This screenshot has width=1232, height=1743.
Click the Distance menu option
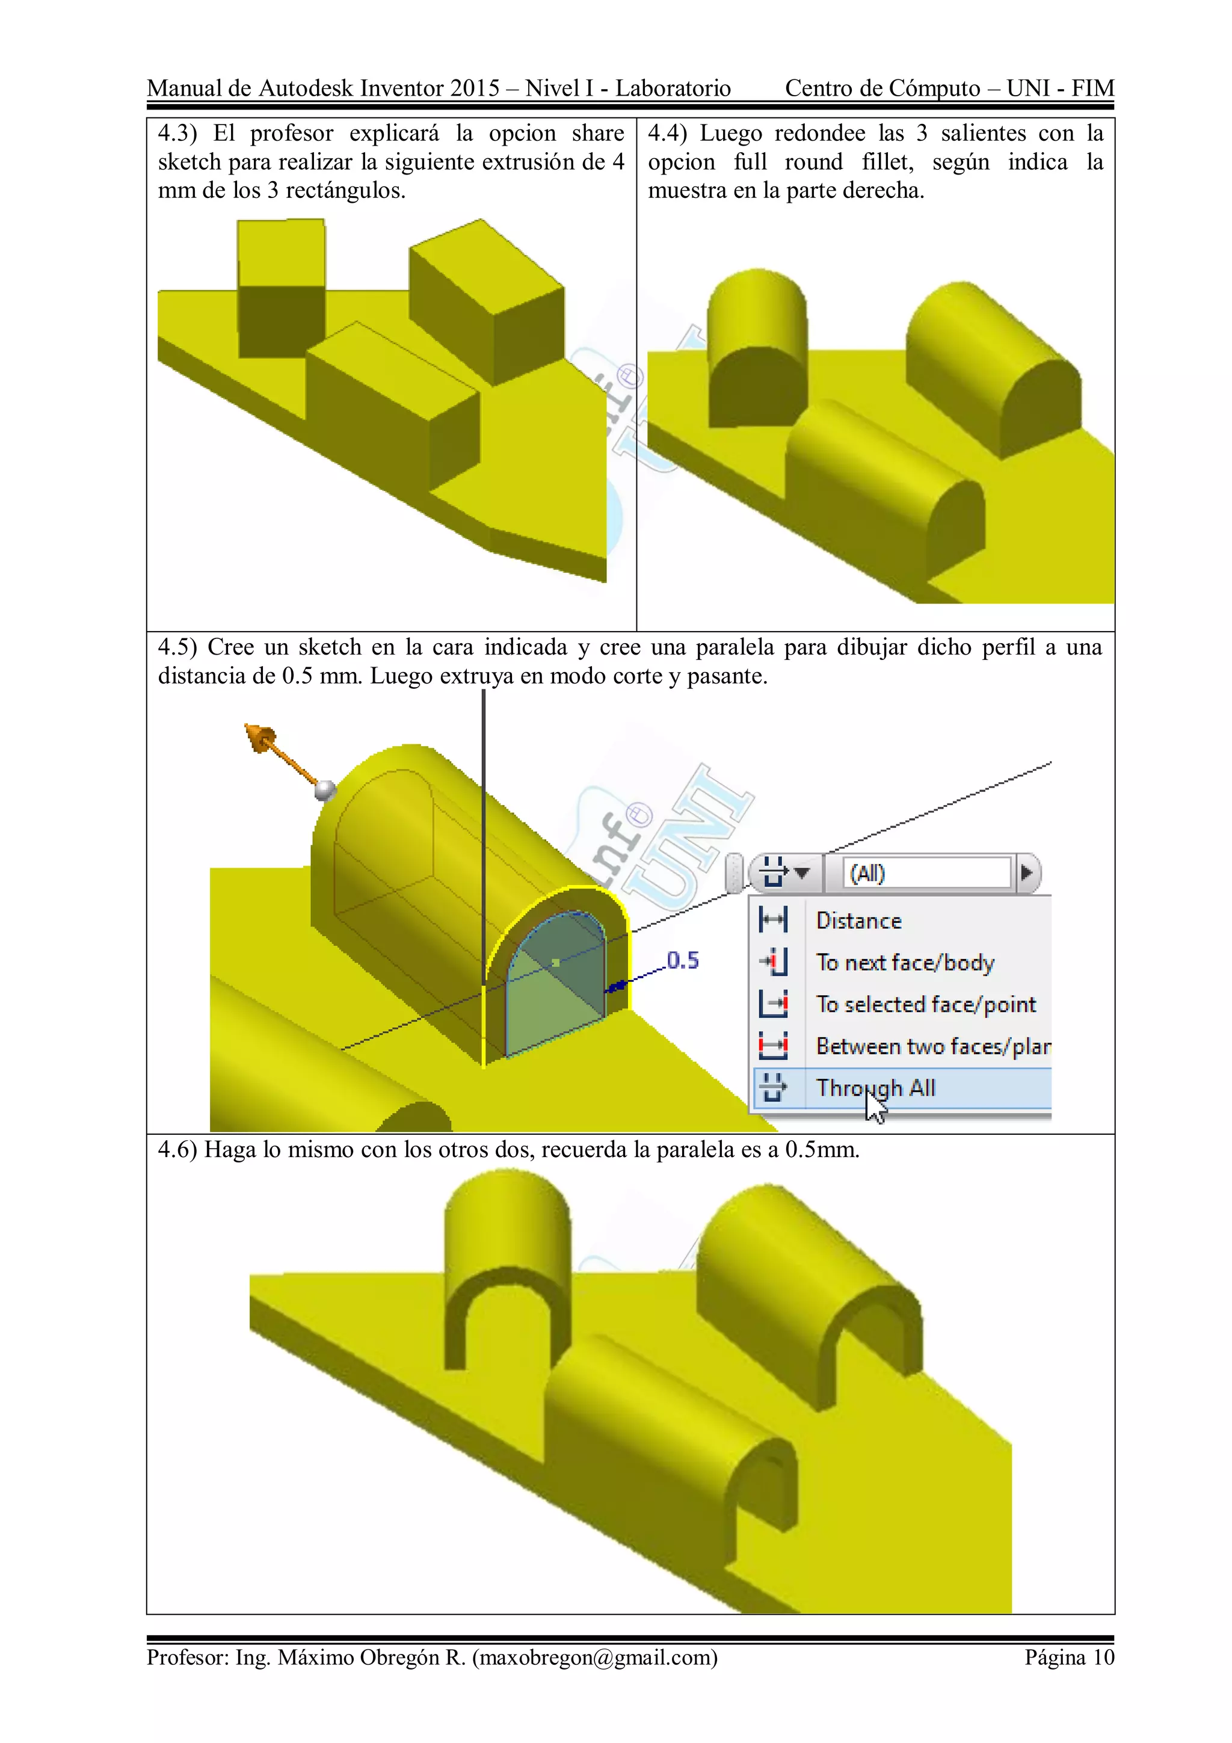click(858, 921)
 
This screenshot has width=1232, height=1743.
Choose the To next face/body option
click(904, 963)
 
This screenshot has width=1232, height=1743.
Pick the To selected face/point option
click(925, 1004)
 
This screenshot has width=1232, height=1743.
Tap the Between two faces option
click(932, 1046)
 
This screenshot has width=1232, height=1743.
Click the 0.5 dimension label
click(682, 960)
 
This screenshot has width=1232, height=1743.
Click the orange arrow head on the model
click(260, 737)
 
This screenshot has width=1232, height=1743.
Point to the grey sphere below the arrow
click(325, 790)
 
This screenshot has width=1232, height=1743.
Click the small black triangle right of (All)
click(1026, 873)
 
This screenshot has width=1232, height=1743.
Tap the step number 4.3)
click(177, 134)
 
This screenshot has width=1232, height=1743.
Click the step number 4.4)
click(667, 134)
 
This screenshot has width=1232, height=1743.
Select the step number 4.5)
click(177, 647)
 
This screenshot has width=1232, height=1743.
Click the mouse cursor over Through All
click(875, 1107)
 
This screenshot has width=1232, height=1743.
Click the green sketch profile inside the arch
click(554, 995)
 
